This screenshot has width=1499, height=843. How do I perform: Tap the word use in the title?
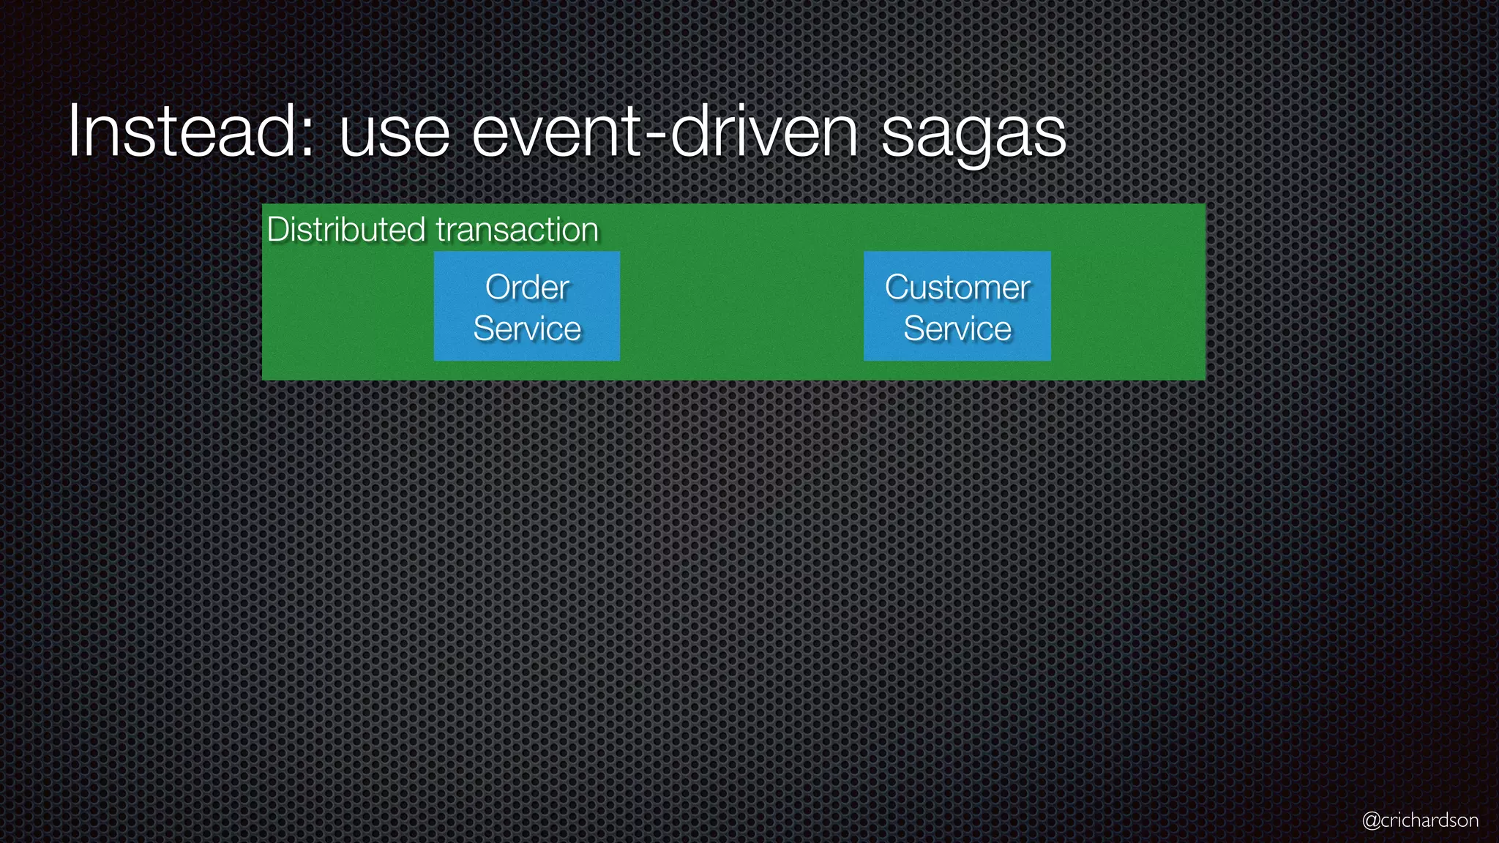pos(395,135)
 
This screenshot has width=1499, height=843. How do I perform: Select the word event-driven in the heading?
pos(665,132)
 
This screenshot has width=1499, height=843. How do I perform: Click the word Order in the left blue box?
pos(527,287)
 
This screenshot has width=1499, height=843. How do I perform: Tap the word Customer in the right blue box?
pos(957,287)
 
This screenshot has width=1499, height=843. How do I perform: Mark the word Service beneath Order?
pos(527,329)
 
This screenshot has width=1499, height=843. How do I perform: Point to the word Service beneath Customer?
pos(957,329)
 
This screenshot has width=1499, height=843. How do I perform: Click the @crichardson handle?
pos(1420,820)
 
